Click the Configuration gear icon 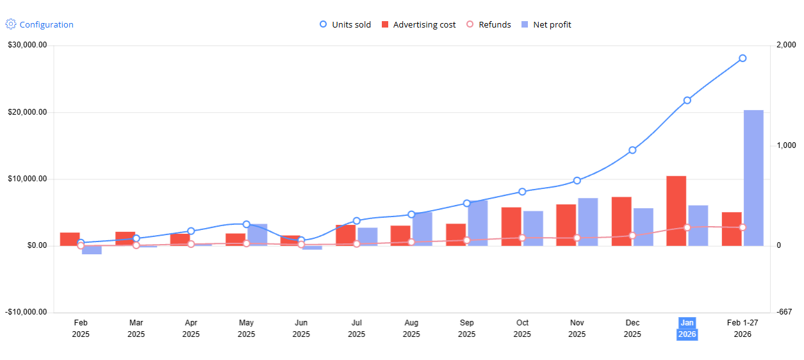11,24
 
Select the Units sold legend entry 345,24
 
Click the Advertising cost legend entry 418,24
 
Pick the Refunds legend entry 489,24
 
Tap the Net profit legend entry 546,24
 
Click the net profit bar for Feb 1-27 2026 753,178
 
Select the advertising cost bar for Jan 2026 677,211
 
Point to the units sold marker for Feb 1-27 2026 742,58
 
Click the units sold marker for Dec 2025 632,150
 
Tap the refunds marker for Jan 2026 687,227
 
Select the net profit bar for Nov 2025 588,222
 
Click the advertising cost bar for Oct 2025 511,227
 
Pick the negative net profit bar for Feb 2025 92,250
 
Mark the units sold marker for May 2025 246,224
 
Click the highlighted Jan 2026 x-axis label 687,329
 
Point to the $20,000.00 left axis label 28,112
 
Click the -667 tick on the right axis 784,312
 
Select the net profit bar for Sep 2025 478,224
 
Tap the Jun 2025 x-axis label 301,329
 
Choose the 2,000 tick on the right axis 786,45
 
